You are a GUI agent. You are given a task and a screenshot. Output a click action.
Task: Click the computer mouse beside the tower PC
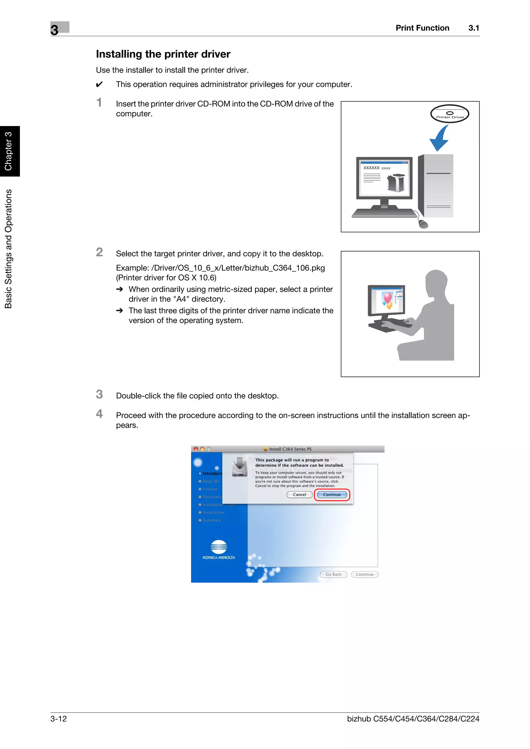coord(423,224)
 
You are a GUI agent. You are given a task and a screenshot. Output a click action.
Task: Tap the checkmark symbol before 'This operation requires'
coord(99,85)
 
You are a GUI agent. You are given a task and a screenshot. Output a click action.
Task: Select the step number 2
coord(99,252)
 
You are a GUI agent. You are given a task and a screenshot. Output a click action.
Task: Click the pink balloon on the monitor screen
coord(388,297)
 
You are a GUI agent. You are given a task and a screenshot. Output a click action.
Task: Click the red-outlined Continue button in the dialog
coord(332,494)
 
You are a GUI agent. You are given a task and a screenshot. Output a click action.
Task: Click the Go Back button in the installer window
coord(333,575)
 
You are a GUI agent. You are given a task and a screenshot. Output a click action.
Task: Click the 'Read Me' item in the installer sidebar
coord(211,481)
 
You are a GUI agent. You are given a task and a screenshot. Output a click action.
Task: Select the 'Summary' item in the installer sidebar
coord(212,520)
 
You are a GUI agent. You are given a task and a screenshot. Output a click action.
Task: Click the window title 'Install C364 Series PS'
coord(290,449)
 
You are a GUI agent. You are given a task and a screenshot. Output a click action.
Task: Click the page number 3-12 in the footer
coord(58,719)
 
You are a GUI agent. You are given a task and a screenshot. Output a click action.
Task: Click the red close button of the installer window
coord(196,449)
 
